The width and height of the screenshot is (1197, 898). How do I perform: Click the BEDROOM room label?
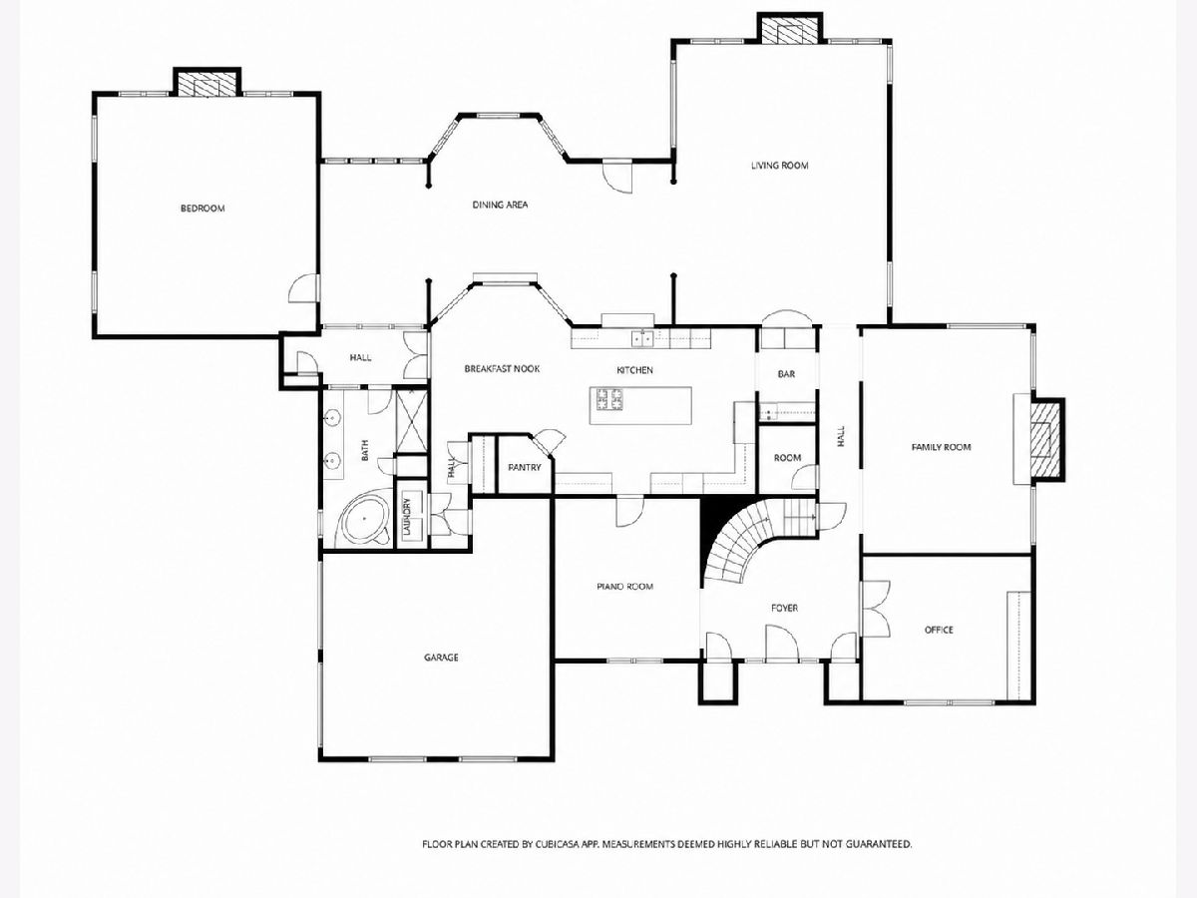[202, 209]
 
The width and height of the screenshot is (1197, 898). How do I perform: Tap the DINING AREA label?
[500, 205]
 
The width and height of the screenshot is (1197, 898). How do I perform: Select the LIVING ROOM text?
[779, 166]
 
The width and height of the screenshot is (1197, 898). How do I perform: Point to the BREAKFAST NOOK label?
[502, 368]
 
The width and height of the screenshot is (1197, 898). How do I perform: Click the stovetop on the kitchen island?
[609, 398]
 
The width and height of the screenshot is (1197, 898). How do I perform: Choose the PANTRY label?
[524, 467]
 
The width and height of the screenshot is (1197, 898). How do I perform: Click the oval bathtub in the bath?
[364, 518]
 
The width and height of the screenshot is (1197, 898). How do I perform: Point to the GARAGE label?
[441, 658]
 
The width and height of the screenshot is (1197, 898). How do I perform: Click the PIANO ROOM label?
[625, 587]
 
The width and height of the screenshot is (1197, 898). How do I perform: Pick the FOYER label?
[784, 608]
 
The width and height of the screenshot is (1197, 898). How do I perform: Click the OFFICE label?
[939, 630]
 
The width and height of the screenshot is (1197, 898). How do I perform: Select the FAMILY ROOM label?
[942, 447]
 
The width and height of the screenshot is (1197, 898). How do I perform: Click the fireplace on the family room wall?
[1046, 439]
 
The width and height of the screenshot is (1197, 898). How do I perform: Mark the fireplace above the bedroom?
[207, 82]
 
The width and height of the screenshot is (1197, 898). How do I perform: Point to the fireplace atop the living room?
[790, 28]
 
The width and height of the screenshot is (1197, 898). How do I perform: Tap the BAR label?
[786, 374]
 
